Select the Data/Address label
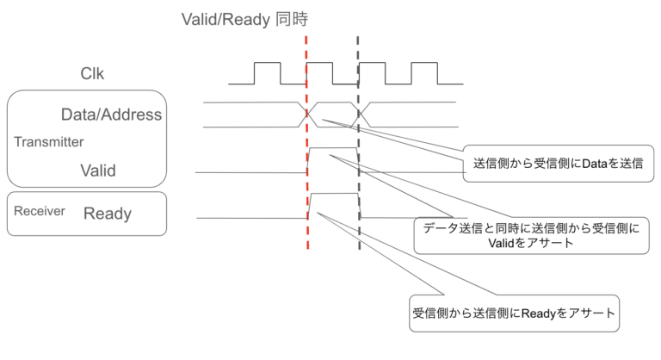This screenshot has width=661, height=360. point(111,115)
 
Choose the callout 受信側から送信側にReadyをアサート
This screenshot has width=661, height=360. point(514,313)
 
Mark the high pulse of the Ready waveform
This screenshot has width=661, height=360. point(333,196)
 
